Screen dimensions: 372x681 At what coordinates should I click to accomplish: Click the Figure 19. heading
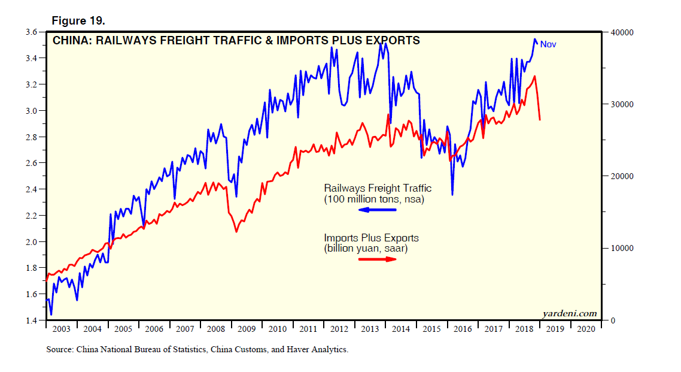[x=78, y=20]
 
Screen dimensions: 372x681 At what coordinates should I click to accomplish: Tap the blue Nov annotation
[x=548, y=44]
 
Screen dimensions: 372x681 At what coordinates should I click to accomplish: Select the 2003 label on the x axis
[x=62, y=329]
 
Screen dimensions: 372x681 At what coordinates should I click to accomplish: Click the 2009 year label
[x=247, y=329]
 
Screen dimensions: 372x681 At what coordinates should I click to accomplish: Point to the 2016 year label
[x=463, y=329]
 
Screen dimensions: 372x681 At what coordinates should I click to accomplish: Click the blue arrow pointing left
[x=377, y=210]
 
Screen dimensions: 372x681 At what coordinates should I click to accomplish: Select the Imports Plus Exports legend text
[x=371, y=238]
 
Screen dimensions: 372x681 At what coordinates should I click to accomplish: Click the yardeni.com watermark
[x=569, y=313]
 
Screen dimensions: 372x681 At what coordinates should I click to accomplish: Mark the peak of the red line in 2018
[x=534, y=76]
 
